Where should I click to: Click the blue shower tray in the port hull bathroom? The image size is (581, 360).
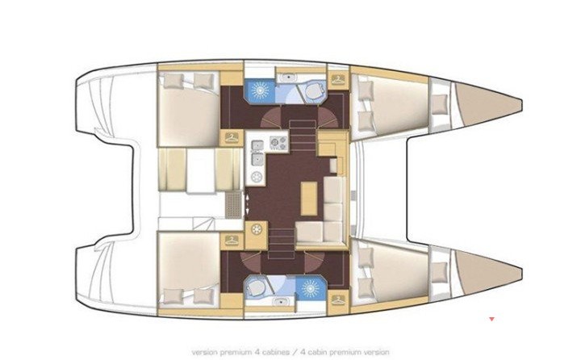pyautogui.click(x=259, y=91)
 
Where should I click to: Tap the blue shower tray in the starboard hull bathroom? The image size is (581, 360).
pyautogui.click(x=311, y=287)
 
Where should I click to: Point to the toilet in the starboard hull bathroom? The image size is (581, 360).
pyautogui.click(x=256, y=287)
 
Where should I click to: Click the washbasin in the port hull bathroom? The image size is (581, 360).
pyautogui.click(x=287, y=77)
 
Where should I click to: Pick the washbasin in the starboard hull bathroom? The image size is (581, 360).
pyautogui.click(x=282, y=302)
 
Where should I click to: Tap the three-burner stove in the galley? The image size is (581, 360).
pyautogui.click(x=278, y=143)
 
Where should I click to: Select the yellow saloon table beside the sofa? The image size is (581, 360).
pyautogui.click(x=309, y=199)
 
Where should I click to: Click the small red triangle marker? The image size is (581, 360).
pyautogui.click(x=491, y=319)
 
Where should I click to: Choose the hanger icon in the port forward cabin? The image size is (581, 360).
pyautogui.click(x=337, y=79)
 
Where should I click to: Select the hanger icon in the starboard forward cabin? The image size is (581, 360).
pyautogui.click(x=337, y=299)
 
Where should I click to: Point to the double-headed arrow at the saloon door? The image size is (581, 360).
pyautogui.click(x=247, y=203)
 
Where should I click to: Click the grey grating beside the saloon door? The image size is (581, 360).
pyautogui.click(x=233, y=205)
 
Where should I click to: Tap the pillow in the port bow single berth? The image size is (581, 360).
pyautogui.click(x=440, y=104)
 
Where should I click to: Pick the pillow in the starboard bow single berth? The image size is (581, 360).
pyautogui.click(x=440, y=272)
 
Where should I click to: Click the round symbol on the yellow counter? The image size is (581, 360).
pyautogui.click(x=257, y=230)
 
